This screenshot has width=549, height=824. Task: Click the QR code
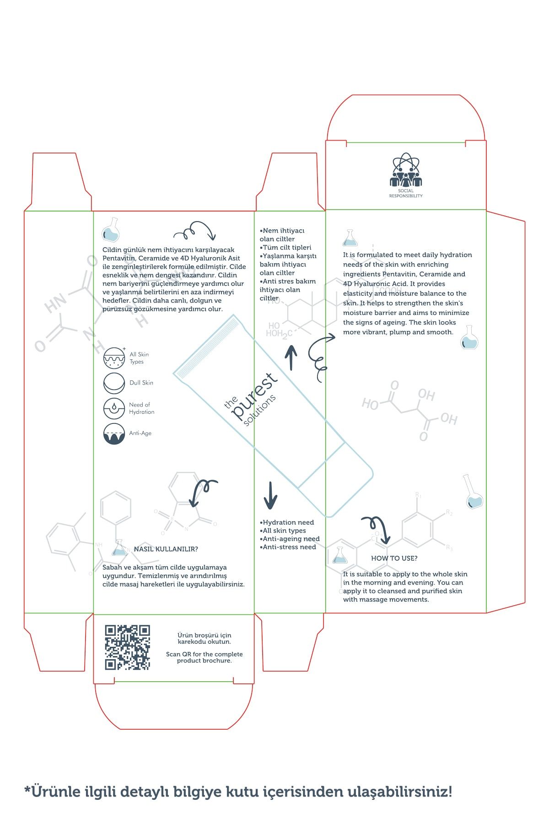[x=128, y=647]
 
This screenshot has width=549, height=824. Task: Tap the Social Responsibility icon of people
[x=405, y=170]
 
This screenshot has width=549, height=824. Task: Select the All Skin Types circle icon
[x=114, y=358]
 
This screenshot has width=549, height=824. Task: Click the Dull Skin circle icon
[x=114, y=383]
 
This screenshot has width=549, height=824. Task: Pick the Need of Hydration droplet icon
[x=114, y=408]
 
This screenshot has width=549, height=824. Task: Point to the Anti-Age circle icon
[x=114, y=434]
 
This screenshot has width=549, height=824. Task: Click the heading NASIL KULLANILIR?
[x=166, y=549]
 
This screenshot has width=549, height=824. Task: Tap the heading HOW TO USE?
[x=394, y=558]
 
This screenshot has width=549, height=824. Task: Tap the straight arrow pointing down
[x=270, y=495]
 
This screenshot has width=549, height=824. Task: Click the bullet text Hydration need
[x=287, y=522]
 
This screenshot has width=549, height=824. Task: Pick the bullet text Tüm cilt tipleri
[x=285, y=247]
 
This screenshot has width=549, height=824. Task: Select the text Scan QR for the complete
[x=205, y=654]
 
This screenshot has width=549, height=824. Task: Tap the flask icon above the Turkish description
[x=111, y=229]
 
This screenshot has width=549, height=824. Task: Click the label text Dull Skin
[x=141, y=383]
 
